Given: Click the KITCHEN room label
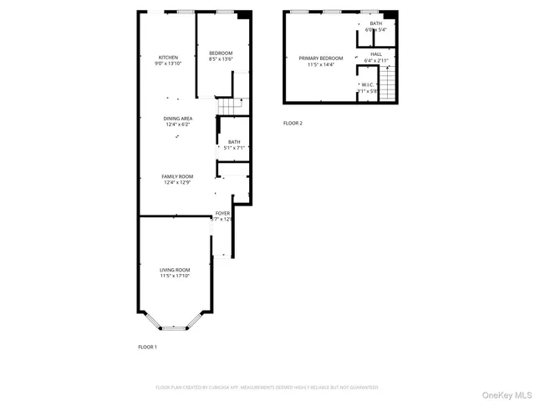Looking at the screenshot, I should pyautogui.click(x=168, y=57).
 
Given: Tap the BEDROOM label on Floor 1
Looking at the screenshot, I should pyautogui.click(x=221, y=53).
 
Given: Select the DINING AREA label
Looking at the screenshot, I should pyautogui.click(x=177, y=119).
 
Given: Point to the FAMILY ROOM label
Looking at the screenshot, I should pyautogui.click(x=177, y=176).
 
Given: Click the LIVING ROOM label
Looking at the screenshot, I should pyautogui.click(x=175, y=270).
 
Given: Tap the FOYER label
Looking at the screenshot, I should pyautogui.click(x=222, y=214).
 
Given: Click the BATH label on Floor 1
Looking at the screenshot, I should pyautogui.click(x=233, y=142).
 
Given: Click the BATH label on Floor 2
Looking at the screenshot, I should pyautogui.click(x=376, y=23).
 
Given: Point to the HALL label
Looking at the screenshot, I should pyautogui.click(x=376, y=53).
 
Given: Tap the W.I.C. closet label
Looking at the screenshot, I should pyautogui.click(x=368, y=84).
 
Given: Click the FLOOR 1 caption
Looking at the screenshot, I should pyautogui.click(x=147, y=347).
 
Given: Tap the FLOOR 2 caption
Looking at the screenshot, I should pyautogui.click(x=293, y=123).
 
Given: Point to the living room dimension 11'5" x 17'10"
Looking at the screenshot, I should pyautogui.click(x=175, y=276).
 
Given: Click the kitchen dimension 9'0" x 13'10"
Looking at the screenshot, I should pyautogui.click(x=168, y=63).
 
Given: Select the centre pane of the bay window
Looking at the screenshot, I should pyautogui.click(x=175, y=327).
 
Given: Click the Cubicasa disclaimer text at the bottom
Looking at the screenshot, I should pyautogui.click(x=267, y=388).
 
